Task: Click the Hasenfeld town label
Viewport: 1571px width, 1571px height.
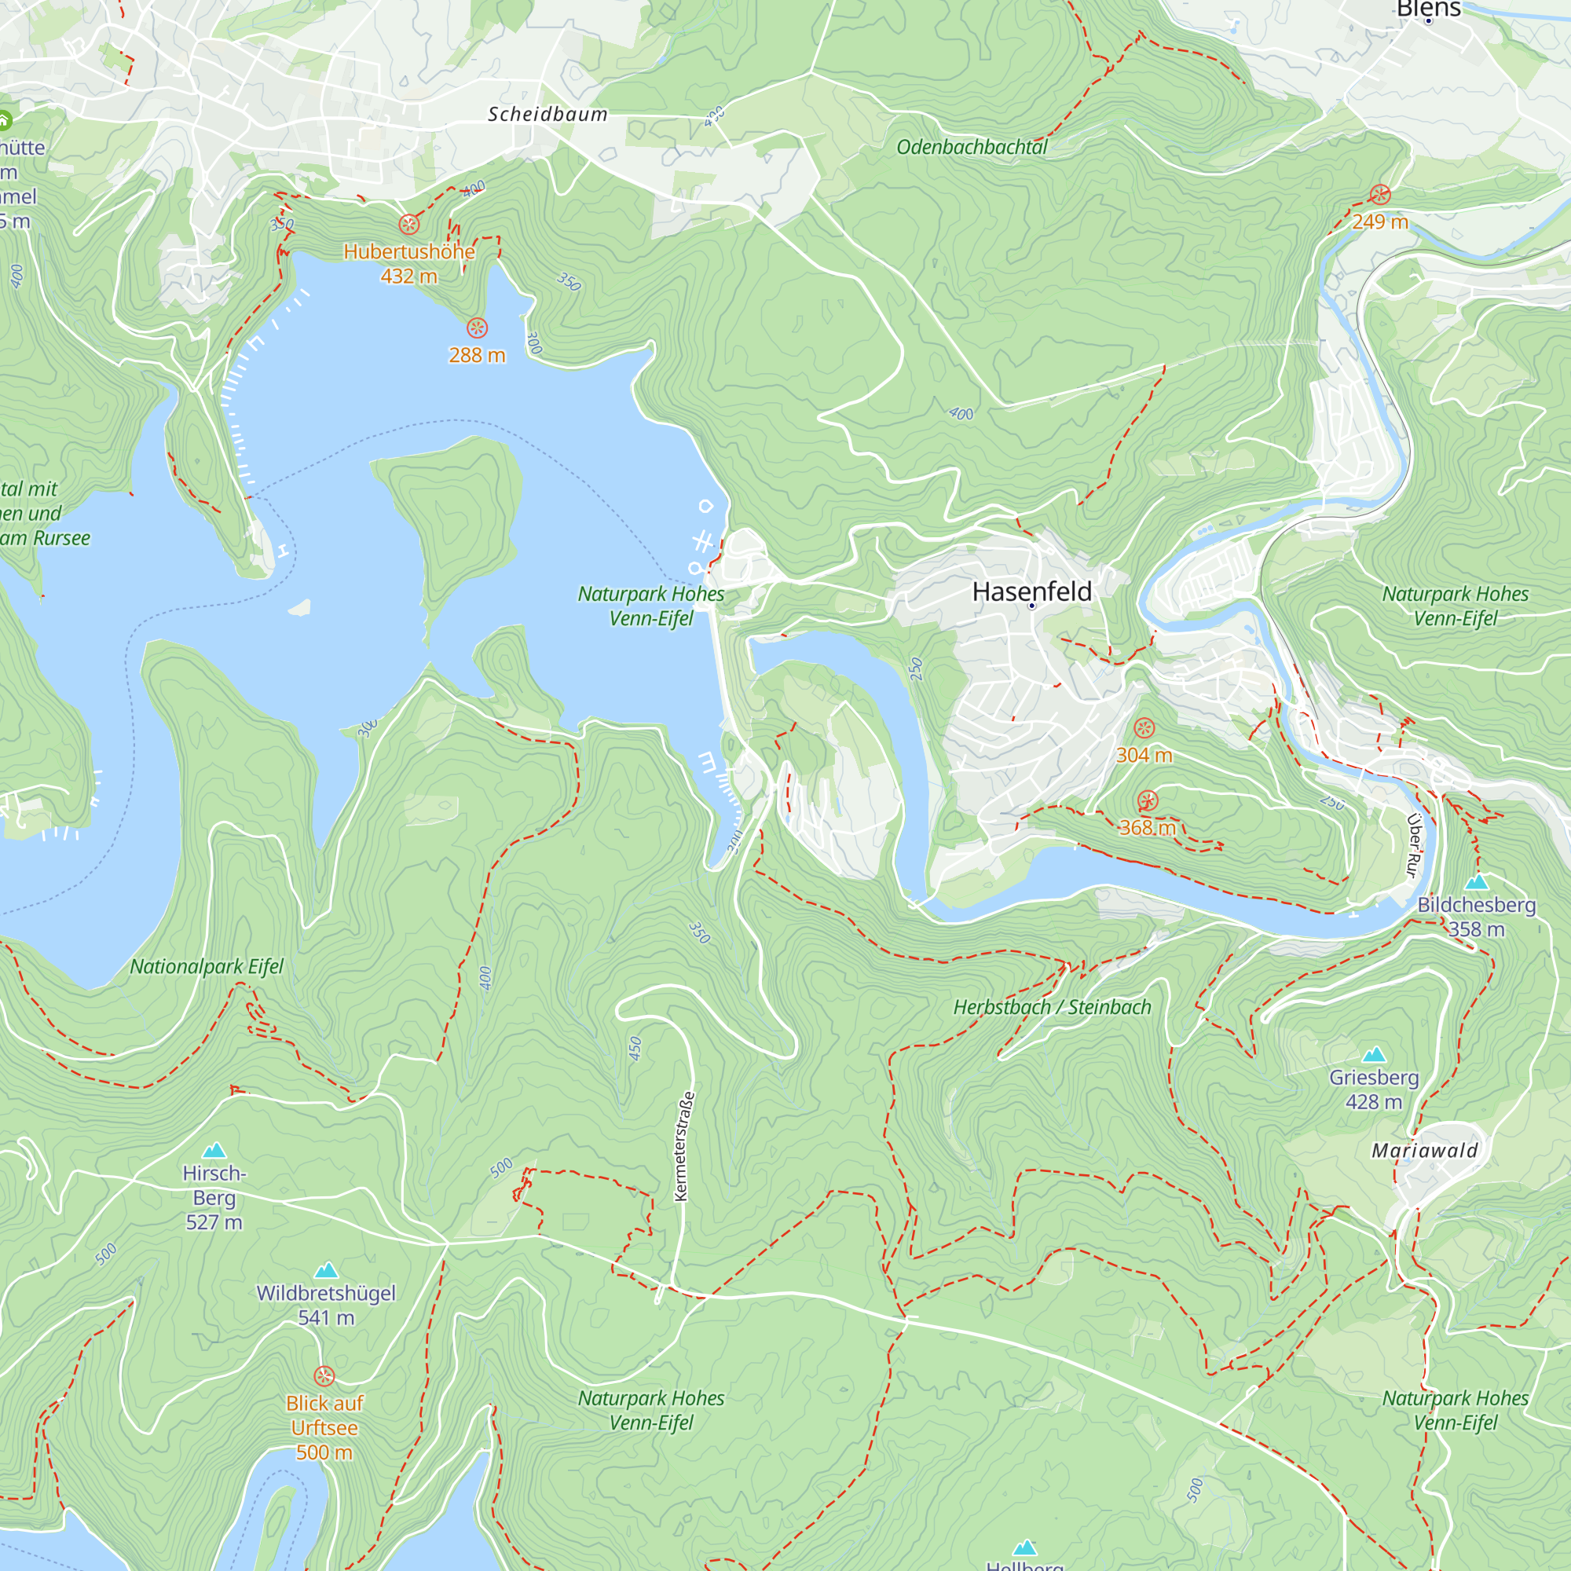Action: pos(1032,591)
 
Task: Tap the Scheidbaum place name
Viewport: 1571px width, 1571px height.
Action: pos(547,115)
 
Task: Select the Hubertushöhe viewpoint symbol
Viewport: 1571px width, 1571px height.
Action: pos(409,225)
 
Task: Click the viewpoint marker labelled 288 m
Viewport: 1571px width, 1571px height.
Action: pos(478,328)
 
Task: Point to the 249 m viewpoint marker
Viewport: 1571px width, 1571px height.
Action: pos(1380,194)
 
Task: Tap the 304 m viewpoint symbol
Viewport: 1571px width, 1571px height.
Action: pos(1144,728)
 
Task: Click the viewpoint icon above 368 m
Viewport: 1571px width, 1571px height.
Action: pos(1148,801)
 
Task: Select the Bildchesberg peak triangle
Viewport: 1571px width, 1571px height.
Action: pos(1477,882)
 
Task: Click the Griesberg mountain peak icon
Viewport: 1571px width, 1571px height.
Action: pos(1373,1056)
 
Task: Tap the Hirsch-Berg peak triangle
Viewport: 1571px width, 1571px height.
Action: pos(214,1151)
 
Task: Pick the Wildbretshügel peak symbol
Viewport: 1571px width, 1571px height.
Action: pos(326,1271)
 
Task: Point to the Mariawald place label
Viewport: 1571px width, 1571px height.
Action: pos(1425,1151)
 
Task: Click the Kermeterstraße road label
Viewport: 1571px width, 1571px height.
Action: pos(686,1147)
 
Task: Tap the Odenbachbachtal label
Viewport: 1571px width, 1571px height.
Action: pos(972,147)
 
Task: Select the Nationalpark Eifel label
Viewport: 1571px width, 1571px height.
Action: pos(207,967)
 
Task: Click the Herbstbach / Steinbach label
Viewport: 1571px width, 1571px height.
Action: pos(1053,1008)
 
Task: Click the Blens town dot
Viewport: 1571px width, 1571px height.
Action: pos(1429,20)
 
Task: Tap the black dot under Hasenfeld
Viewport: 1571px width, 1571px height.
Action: pos(1032,606)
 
